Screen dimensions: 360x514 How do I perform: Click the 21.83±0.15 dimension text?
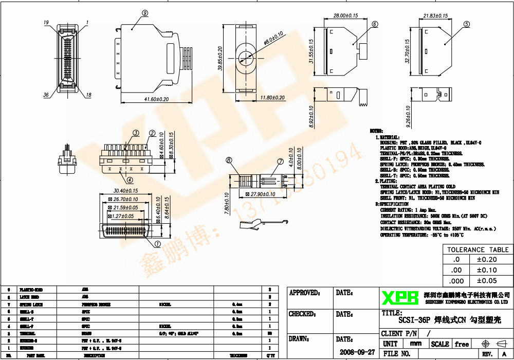[x=435, y=16]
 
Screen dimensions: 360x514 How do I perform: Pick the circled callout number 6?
[x=374, y=24]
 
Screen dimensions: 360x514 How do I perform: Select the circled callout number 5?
[x=466, y=24]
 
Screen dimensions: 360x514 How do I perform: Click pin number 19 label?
[x=46, y=23]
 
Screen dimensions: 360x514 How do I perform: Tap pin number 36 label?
[x=46, y=95]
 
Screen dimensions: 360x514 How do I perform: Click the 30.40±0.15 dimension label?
[x=125, y=191]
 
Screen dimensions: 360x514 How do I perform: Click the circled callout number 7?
[x=280, y=161]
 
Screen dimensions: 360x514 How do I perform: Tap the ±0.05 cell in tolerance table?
[x=486, y=281]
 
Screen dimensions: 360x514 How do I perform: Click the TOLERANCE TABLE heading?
[x=477, y=249]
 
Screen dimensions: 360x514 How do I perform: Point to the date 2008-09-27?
[x=357, y=352]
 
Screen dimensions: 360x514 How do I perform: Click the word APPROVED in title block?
[x=304, y=293]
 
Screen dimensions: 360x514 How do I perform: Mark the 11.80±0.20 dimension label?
[x=272, y=98]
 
